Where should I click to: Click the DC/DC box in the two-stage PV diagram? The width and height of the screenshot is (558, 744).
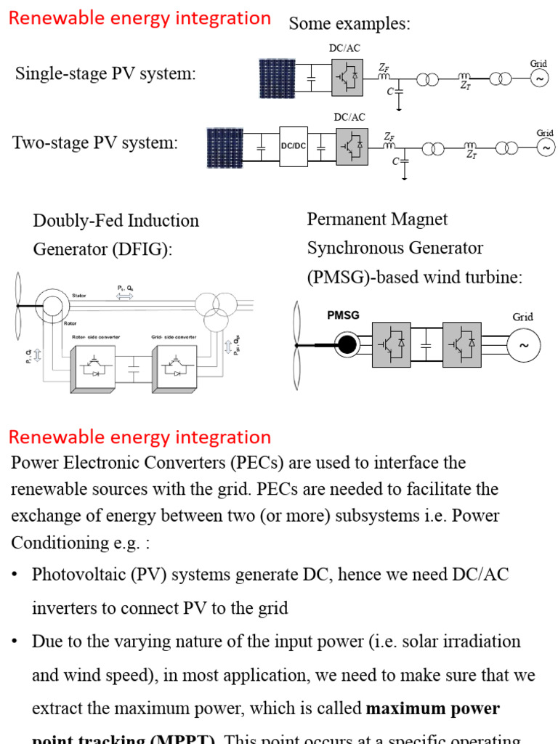click(293, 146)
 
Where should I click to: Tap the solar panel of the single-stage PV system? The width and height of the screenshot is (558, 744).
click(277, 78)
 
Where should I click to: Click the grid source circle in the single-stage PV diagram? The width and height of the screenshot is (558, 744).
click(539, 78)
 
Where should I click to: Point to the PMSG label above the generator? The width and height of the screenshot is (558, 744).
click(344, 315)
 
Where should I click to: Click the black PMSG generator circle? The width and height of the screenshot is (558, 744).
click(348, 344)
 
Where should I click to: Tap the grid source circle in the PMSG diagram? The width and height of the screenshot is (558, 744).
click(524, 347)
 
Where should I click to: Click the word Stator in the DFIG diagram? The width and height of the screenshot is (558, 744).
click(79, 296)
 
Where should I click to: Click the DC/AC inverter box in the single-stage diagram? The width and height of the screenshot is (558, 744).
click(347, 76)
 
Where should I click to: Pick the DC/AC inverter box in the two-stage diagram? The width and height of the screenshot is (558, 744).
click(352, 145)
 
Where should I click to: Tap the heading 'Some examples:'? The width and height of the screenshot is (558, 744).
click(349, 24)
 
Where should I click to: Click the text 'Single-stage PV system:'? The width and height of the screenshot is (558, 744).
click(105, 73)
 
